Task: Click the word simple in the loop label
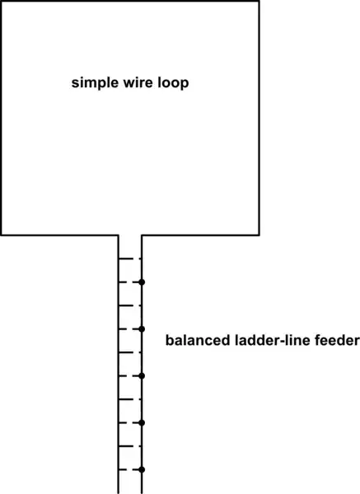[x=93, y=83]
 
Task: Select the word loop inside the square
[x=176, y=83]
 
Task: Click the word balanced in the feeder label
[x=194, y=340]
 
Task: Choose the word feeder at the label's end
[x=332, y=340]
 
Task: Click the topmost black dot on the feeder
[x=142, y=282]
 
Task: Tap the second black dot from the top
[x=142, y=329]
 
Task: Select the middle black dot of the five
[x=142, y=375]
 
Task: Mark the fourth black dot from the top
[x=142, y=422]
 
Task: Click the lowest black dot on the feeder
[x=142, y=469]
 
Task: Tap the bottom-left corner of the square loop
[x=2, y=235]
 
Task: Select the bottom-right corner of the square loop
[x=260, y=235]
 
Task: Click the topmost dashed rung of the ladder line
[x=130, y=259]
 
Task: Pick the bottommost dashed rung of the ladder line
[x=130, y=469]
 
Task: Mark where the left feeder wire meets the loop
[x=119, y=235]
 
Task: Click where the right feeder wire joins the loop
[x=142, y=235]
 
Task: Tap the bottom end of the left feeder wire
[x=119, y=492]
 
